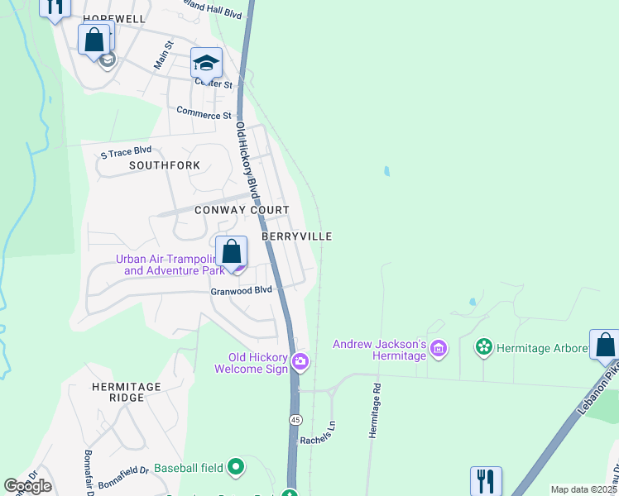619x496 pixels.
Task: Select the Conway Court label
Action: tap(242, 211)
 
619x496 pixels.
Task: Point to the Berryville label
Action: tap(296, 236)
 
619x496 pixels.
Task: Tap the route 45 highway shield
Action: tap(295, 420)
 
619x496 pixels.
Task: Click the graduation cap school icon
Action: tap(206, 63)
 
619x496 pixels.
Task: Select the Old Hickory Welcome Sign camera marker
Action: tap(300, 360)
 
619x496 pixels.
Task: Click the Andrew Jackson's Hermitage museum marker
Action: tap(439, 350)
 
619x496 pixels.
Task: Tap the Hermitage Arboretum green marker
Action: tap(484, 346)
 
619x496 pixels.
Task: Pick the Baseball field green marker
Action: tap(236, 468)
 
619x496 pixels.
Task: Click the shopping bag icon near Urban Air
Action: tap(232, 250)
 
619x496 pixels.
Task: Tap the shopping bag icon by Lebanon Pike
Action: tap(605, 344)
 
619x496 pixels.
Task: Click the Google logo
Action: tap(27, 486)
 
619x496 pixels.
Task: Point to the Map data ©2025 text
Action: tap(583, 489)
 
